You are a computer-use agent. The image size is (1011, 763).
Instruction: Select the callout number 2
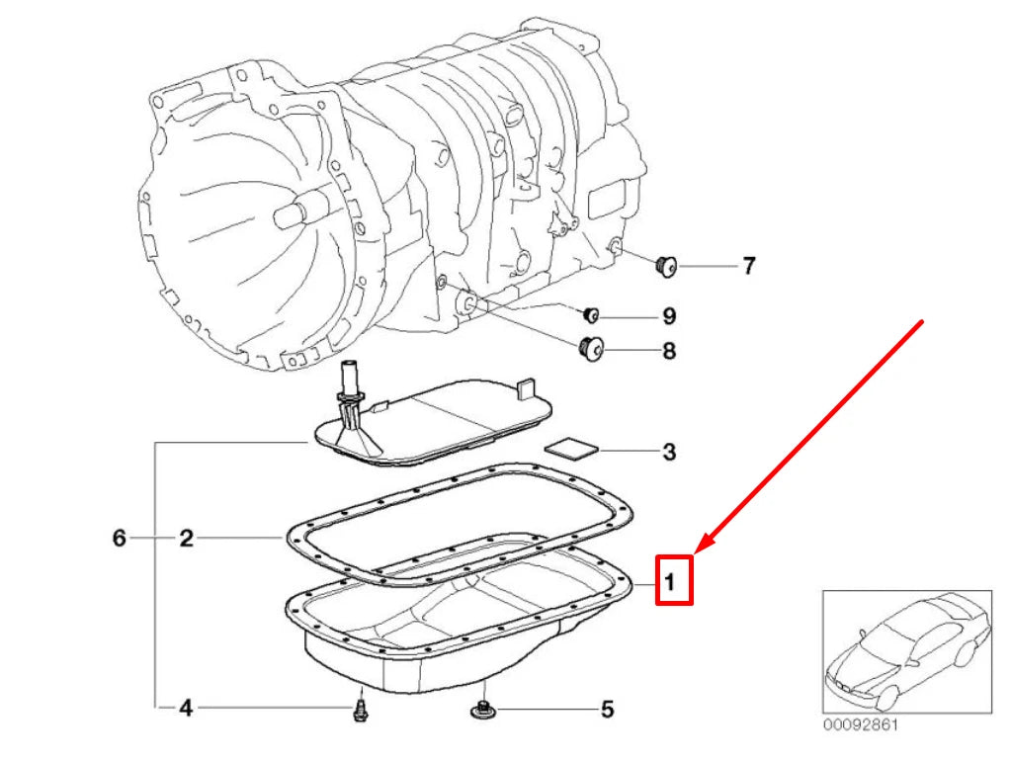click(x=185, y=539)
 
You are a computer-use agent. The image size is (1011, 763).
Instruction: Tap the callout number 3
click(x=669, y=453)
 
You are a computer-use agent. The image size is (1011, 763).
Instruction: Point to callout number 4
click(x=185, y=707)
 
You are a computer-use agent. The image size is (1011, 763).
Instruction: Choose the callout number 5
click(x=607, y=709)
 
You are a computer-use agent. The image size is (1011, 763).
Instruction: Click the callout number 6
click(x=119, y=539)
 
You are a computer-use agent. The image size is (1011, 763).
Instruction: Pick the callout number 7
click(x=748, y=265)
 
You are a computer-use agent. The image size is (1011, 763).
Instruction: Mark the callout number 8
click(x=669, y=350)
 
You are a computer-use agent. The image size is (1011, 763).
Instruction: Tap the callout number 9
click(x=669, y=316)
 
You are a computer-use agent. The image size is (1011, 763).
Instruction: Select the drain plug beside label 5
click(x=483, y=708)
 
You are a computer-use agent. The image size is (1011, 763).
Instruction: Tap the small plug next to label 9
click(x=591, y=315)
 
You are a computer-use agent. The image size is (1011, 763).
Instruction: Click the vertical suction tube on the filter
click(x=350, y=381)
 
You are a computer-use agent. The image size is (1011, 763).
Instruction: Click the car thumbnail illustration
click(x=906, y=652)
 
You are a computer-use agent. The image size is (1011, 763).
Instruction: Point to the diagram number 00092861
click(x=861, y=724)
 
